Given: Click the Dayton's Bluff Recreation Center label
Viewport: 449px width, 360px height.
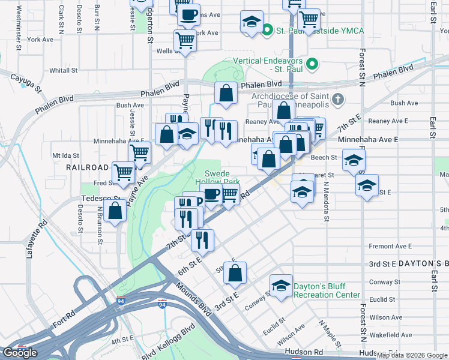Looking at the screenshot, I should [327, 290].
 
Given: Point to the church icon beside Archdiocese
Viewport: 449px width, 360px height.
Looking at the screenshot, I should [338, 99].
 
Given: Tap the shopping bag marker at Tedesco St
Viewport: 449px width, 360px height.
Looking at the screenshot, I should [115, 211].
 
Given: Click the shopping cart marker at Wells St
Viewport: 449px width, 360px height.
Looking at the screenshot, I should [185, 41].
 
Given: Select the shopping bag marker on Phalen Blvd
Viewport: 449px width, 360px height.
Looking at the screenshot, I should [226, 93].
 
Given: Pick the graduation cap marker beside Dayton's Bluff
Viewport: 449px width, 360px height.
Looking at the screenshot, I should [280, 287].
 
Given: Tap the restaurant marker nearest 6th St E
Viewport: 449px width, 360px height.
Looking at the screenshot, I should [202, 240].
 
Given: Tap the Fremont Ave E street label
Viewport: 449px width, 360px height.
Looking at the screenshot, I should [390, 246].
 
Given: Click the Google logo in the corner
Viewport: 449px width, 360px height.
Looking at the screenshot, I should [20, 352].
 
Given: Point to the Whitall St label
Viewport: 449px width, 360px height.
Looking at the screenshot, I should [64, 70].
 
